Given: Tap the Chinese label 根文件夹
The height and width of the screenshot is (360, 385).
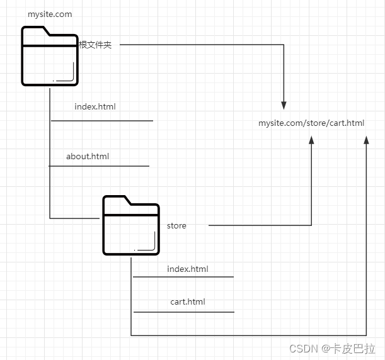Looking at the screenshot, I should point(95,45).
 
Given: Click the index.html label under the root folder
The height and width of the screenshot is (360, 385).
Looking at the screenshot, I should point(95,106).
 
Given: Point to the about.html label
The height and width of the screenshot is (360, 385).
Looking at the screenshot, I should point(88,156).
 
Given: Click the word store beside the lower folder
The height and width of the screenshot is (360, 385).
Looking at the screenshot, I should point(176,225).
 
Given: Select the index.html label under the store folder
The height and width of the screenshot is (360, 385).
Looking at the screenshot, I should point(188,269).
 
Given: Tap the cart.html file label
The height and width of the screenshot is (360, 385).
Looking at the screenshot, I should point(188,301).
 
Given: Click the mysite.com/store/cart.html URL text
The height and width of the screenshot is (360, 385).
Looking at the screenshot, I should point(311,123).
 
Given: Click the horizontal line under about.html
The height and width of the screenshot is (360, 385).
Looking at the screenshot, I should point(99,166).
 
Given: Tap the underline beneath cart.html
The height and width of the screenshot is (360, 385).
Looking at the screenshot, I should point(183,312).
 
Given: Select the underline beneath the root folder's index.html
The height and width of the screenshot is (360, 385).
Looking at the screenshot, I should point(102,120).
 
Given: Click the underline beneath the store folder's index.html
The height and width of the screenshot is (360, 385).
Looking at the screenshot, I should point(183,276).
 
